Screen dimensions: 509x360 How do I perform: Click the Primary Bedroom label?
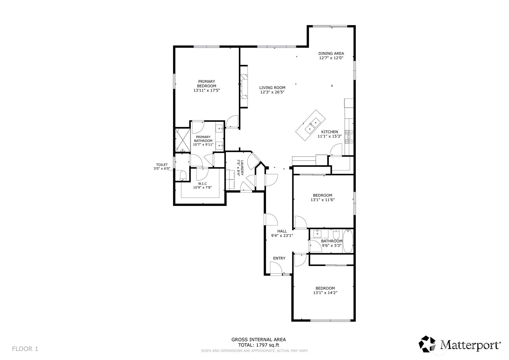[x=206, y=84]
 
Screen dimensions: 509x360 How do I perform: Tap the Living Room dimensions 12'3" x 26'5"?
[x=272, y=92]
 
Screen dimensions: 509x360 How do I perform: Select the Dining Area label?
[x=331, y=54]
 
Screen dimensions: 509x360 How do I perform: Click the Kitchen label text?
[x=329, y=132]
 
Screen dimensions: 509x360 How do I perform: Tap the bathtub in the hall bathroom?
[x=348, y=241]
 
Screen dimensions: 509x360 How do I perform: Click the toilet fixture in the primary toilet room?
[x=183, y=176]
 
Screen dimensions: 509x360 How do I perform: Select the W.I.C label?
[x=202, y=183]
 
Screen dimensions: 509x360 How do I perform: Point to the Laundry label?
[x=242, y=168]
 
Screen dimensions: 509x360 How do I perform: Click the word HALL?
[x=282, y=231]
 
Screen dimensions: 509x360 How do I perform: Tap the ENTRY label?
[x=279, y=258]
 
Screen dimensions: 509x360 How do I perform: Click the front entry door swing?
[x=276, y=268]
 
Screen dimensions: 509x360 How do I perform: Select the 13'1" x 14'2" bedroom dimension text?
[x=325, y=293]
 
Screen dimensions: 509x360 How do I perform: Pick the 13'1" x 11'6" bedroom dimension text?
[x=323, y=200]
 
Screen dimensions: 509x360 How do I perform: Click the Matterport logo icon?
[x=427, y=344]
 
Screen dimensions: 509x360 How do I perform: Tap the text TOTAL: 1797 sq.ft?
[x=259, y=345]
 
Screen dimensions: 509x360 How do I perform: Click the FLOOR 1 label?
[x=25, y=349]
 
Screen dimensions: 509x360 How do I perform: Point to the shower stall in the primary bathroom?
[x=182, y=140]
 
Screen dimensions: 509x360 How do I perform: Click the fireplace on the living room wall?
[x=244, y=87]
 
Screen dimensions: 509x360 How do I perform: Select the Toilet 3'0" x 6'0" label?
[x=162, y=166]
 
